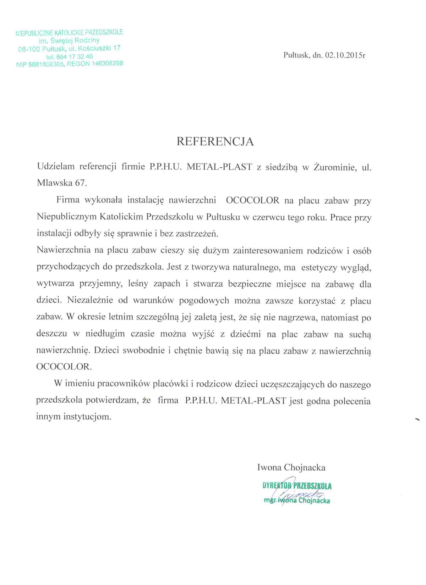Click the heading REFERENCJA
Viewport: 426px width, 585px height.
click(215, 142)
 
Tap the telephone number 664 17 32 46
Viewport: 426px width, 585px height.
click(74, 56)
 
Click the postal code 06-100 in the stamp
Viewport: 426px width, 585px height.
click(29, 49)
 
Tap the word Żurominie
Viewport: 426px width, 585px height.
click(335, 167)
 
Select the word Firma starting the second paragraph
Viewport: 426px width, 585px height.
click(68, 200)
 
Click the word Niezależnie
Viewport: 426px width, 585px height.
click(89, 300)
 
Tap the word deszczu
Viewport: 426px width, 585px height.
click(51, 334)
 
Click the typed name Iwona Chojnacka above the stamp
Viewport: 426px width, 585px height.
click(291, 467)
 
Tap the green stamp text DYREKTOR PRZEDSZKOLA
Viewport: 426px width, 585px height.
click(297, 486)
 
